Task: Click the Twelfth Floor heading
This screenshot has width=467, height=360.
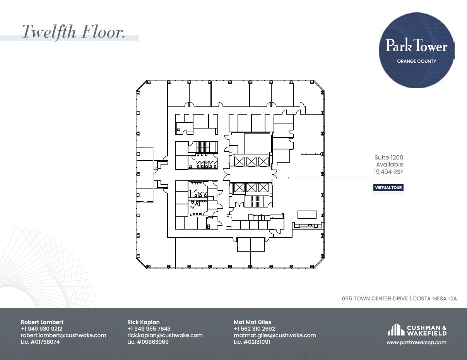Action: coord(74,31)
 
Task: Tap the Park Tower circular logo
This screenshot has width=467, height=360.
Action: coord(416,50)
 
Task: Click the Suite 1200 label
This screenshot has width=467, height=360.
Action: coord(388,158)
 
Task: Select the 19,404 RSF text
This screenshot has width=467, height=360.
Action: coord(388,171)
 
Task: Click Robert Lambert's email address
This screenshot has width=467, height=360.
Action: coord(63,336)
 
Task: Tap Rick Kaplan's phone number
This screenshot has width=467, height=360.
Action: coord(149,329)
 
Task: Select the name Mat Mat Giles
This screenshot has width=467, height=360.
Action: coord(252,322)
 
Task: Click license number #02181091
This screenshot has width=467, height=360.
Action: coord(252,342)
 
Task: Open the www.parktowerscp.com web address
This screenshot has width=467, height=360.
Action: coord(416,342)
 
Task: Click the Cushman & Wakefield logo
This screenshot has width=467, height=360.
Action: coord(417,330)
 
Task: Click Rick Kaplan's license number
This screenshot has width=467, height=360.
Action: coord(148,342)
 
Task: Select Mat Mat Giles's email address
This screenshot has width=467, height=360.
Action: coord(275,336)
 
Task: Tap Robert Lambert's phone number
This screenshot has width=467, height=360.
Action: coord(42,329)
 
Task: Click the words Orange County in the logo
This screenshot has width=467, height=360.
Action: coord(416,61)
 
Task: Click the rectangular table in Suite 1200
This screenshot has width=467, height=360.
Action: coord(307,214)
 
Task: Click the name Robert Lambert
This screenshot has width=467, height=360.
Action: coord(42,322)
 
